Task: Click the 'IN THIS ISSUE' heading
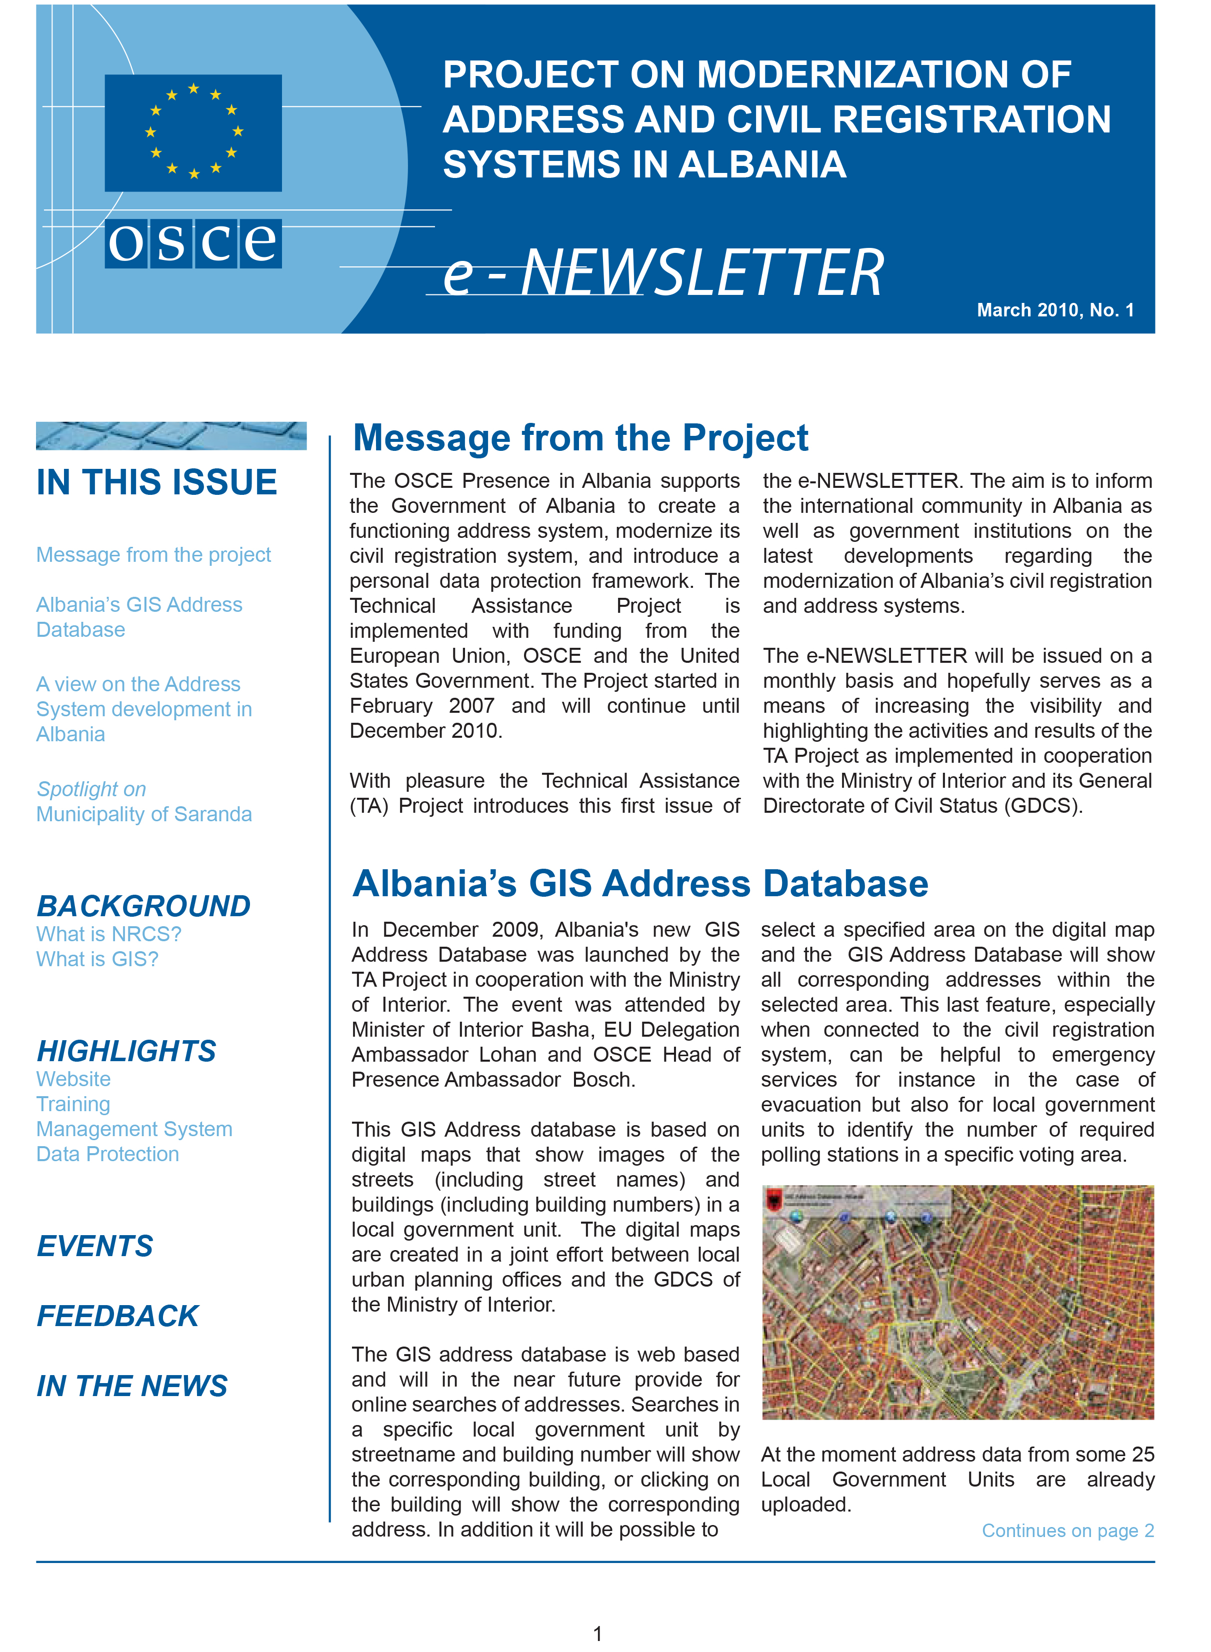157,482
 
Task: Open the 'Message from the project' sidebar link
153,555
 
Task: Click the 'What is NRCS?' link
108,935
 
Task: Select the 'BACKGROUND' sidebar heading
143,907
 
